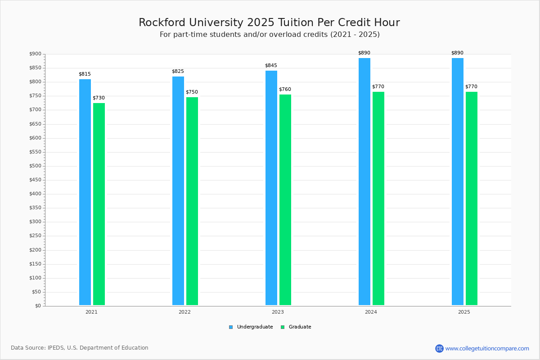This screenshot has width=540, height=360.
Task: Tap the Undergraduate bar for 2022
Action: point(178,191)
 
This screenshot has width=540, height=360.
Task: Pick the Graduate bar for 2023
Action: point(285,200)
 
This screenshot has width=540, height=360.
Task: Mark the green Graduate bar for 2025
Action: point(472,198)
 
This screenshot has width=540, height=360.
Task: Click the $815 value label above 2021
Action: point(85,74)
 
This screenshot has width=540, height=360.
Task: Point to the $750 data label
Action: point(192,92)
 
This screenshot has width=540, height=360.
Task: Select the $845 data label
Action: point(271,65)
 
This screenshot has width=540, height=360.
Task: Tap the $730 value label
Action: point(99,98)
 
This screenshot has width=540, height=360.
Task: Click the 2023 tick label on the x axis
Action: point(278,312)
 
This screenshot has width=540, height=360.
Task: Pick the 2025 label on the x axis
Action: point(464,312)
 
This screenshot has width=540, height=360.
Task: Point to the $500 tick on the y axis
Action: point(35,166)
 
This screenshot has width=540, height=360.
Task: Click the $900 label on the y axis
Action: point(35,54)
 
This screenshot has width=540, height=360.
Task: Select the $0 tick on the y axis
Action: point(37,306)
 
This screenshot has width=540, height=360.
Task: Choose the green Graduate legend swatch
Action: point(283,327)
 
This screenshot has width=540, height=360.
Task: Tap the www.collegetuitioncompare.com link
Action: point(487,348)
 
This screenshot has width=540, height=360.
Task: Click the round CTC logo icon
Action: point(439,348)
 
